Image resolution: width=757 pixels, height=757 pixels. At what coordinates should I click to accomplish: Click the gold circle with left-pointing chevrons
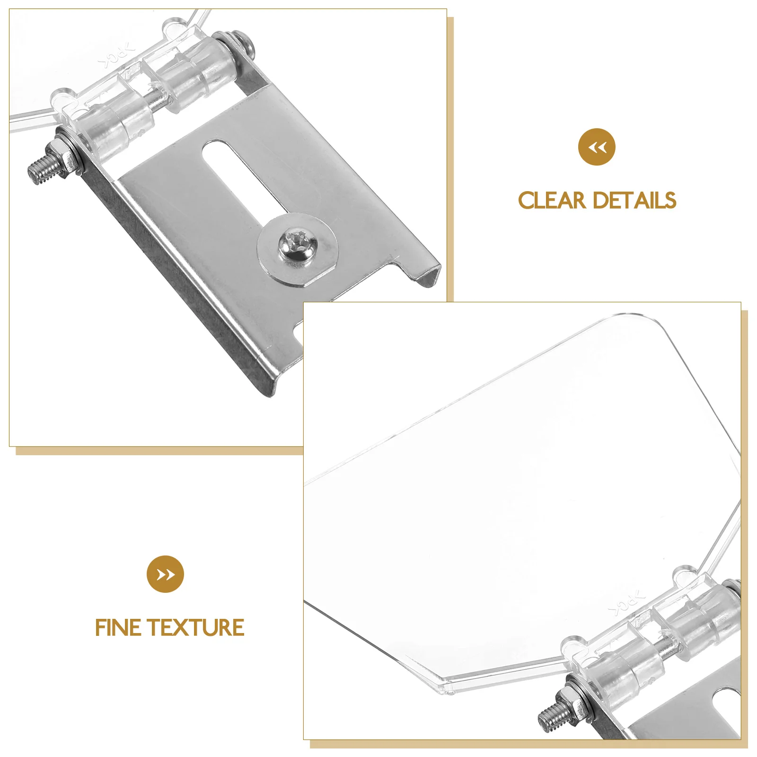(x=597, y=147)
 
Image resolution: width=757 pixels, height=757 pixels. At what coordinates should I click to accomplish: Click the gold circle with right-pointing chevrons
(x=165, y=574)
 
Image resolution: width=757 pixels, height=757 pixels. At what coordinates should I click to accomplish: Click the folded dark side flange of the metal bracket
(x=180, y=284)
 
